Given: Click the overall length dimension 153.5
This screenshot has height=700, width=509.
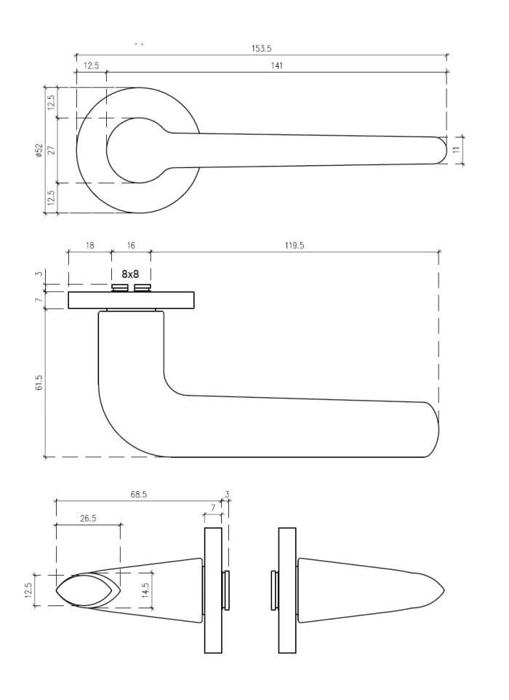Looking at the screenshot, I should (x=261, y=49).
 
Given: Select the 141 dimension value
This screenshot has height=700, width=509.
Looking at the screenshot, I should (x=276, y=65).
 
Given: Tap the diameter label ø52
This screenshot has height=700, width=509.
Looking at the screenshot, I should (x=39, y=150).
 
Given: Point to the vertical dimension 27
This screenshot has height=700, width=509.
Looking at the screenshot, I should (x=52, y=150).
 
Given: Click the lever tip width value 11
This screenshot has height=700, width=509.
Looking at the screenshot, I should (x=456, y=149).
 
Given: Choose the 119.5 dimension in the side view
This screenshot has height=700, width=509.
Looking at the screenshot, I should (x=294, y=246).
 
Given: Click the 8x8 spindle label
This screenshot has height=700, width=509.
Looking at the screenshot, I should (x=130, y=274).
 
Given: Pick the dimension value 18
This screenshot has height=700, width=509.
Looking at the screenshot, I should (x=89, y=246).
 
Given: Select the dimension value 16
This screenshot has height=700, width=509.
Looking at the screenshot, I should (x=131, y=246).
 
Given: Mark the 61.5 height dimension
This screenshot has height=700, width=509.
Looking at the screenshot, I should (x=39, y=382).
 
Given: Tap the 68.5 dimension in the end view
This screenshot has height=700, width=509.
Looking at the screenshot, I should (x=138, y=494).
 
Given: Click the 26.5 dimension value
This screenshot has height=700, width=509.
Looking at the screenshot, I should (x=88, y=519).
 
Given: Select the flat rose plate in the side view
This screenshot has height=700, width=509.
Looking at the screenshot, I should (x=132, y=300).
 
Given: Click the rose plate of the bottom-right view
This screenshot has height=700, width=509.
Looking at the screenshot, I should (x=287, y=589).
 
